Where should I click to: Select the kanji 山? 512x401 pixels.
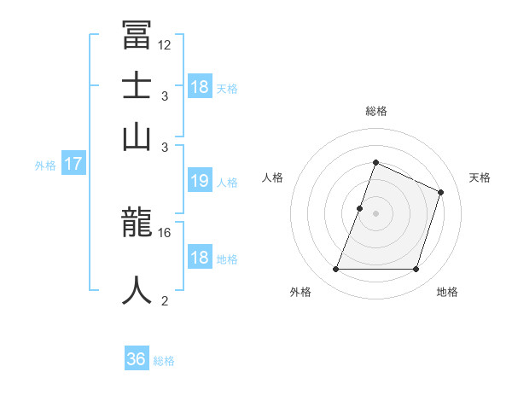[137, 137]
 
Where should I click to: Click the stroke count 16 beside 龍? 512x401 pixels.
[165, 232]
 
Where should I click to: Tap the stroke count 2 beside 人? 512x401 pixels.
[165, 300]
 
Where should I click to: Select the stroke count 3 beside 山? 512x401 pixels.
[165, 147]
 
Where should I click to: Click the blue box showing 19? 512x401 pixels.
[200, 181]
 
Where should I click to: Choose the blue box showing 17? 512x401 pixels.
[73, 164]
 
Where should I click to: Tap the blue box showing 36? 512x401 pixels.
[136, 359]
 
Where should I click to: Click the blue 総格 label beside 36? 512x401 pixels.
[164, 361]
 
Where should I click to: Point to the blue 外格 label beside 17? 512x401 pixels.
[45, 166]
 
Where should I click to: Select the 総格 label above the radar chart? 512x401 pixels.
[375, 111]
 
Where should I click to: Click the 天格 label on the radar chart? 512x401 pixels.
[480, 177]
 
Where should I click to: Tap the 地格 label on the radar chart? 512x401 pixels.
[447, 292]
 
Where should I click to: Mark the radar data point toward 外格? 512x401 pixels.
[335, 269]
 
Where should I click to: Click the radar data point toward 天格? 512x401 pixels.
[441, 192]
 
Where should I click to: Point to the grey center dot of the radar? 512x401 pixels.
[375, 213]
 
